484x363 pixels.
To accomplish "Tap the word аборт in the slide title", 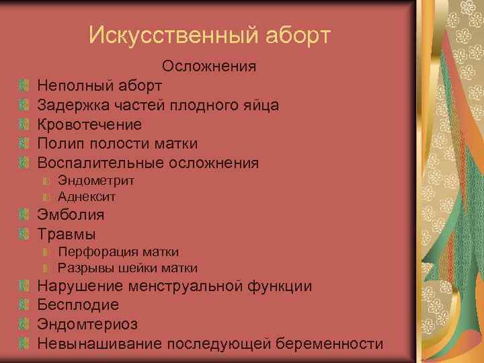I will point(298,35).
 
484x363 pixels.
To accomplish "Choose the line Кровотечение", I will point(89,125).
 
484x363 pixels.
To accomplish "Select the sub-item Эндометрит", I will point(96,181).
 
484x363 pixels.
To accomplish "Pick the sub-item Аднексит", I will point(87,197).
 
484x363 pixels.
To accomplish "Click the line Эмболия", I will point(71,215).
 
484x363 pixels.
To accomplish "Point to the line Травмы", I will point(67,235).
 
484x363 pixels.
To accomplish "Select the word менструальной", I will point(182,286).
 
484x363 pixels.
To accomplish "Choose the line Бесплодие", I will point(78,305).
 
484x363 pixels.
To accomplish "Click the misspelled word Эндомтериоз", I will point(87,325).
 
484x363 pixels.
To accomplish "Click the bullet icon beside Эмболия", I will point(25,215).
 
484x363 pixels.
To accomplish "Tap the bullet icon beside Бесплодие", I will point(25,305).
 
